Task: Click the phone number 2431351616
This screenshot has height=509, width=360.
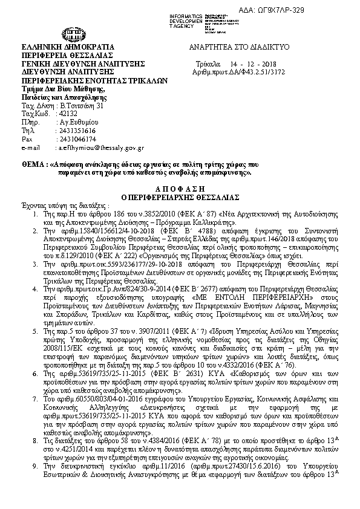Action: [x=75, y=130]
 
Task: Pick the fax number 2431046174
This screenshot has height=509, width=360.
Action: [x=75, y=138]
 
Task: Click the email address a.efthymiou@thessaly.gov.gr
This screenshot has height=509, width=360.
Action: [x=99, y=147]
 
